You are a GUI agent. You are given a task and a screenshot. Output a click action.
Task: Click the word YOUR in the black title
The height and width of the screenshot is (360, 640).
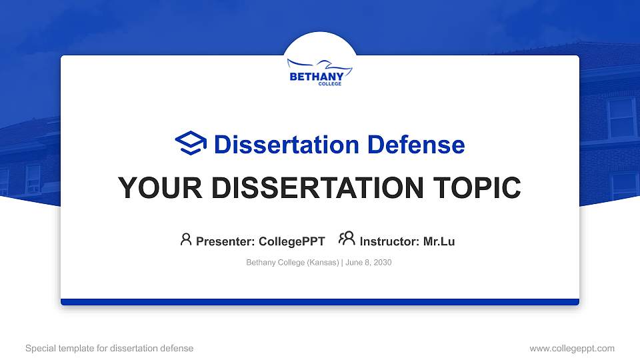(x=153, y=188)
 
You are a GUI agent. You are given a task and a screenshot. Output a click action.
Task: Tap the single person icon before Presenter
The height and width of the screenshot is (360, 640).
(x=186, y=239)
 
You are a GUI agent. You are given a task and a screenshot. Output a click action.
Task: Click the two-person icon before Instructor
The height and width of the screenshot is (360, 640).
(x=347, y=239)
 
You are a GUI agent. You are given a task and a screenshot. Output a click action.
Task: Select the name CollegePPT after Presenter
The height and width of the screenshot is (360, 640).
(x=292, y=241)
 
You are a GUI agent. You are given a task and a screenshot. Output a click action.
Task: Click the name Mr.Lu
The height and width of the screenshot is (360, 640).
(x=439, y=241)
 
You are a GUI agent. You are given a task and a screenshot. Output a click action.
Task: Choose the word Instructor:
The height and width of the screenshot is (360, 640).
(x=389, y=241)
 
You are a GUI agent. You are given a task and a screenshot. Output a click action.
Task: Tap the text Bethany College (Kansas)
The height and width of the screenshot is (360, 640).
(x=292, y=263)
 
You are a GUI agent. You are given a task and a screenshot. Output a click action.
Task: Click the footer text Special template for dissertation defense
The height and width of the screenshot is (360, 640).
(x=109, y=348)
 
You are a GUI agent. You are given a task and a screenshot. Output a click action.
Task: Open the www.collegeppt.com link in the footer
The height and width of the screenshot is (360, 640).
(x=572, y=348)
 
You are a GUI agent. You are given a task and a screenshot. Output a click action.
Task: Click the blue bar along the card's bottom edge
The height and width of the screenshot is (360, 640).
(x=320, y=302)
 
